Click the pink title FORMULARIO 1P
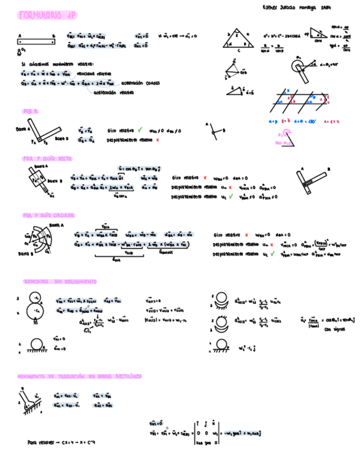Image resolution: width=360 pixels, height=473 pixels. pyautogui.click(x=47, y=16)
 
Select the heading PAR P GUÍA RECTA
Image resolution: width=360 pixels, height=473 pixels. pyautogui.click(x=47, y=159)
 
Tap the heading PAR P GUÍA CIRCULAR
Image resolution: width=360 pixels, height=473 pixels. pyautogui.click(x=49, y=215)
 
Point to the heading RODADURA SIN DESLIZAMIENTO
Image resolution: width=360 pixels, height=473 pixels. pyautogui.click(x=60, y=282)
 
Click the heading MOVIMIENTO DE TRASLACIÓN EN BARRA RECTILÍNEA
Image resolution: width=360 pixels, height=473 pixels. pyautogui.click(x=79, y=377)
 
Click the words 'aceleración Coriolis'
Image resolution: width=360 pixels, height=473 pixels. pyautogui.click(x=140, y=83)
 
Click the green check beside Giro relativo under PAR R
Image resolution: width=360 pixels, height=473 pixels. pyautogui.click(x=140, y=130)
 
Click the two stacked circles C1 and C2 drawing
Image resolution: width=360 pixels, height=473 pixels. pyautogui.click(x=36, y=306)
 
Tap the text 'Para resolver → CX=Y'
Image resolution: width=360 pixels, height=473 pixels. pyautogui.click(x=61, y=442)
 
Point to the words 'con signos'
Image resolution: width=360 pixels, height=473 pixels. pyautogui.click(x=335, y=329)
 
